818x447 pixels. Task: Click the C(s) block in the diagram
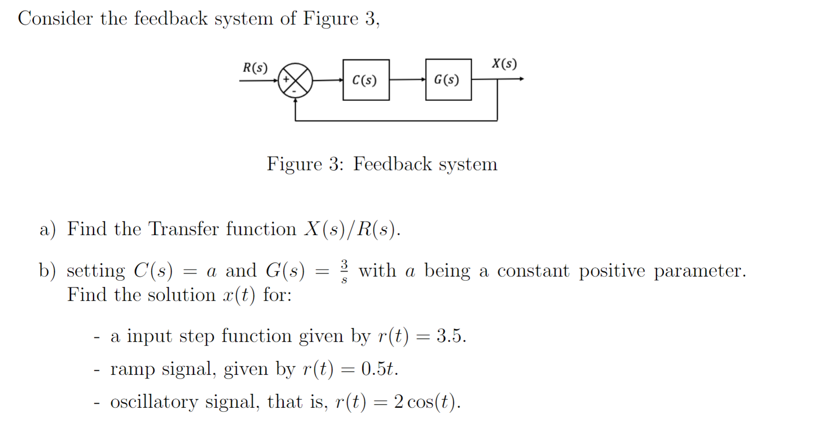coord(366,80)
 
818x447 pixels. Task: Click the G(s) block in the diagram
coord(448,79)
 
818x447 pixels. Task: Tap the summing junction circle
coord(295,80)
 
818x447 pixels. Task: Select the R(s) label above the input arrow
coord(255,68)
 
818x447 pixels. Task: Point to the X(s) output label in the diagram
coord(504,64)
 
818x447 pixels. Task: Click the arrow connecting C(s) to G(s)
coord(407,80)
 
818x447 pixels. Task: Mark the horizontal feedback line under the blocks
coord(396,121)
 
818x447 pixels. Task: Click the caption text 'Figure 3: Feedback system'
coord(382,164)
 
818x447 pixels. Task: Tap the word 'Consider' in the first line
coord(55,19)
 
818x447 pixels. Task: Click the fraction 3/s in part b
coord(344,271)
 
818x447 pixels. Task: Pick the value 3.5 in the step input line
coord(451,336)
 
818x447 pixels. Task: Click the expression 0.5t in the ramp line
coord(379,369)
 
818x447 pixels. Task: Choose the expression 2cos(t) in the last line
coord(427,402)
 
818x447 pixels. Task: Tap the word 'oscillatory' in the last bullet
coord(154,402)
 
